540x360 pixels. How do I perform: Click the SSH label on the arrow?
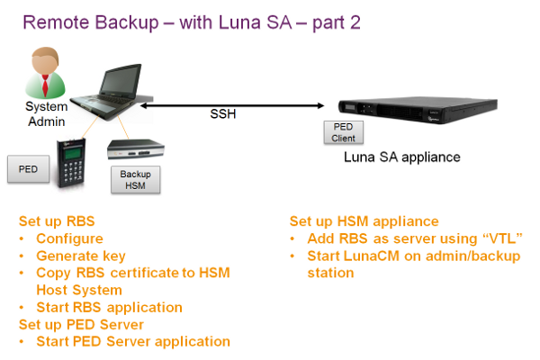pyautogui.click(x=223, y=115)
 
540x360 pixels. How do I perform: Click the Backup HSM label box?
pyautogui.click(x=134, y=179)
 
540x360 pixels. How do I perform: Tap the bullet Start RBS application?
pyautogui.click(x=110, y=307)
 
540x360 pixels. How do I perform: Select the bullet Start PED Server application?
pyautogui.click(x=133, y=341)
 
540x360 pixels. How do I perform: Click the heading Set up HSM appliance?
pyautogui.click(x=364, y=221)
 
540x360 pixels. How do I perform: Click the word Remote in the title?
pyautogui.click(x=56, y=22)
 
